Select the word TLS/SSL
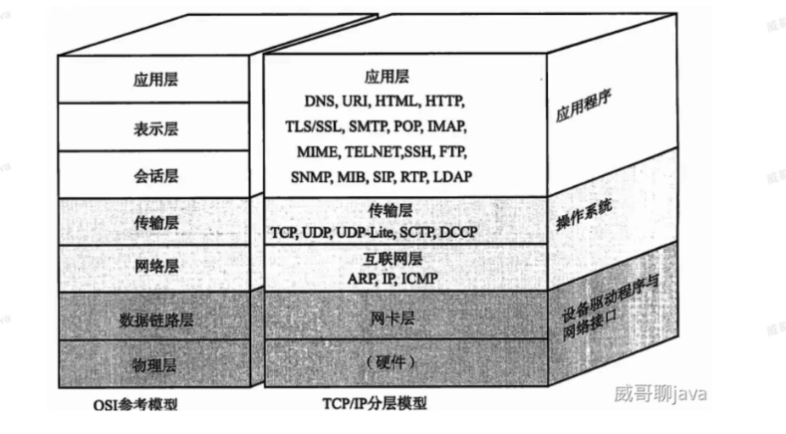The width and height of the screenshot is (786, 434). [x=314, y=126]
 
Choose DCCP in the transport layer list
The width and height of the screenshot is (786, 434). [x=461, y=231]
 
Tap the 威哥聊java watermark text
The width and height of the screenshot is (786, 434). [x=660, y=394]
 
